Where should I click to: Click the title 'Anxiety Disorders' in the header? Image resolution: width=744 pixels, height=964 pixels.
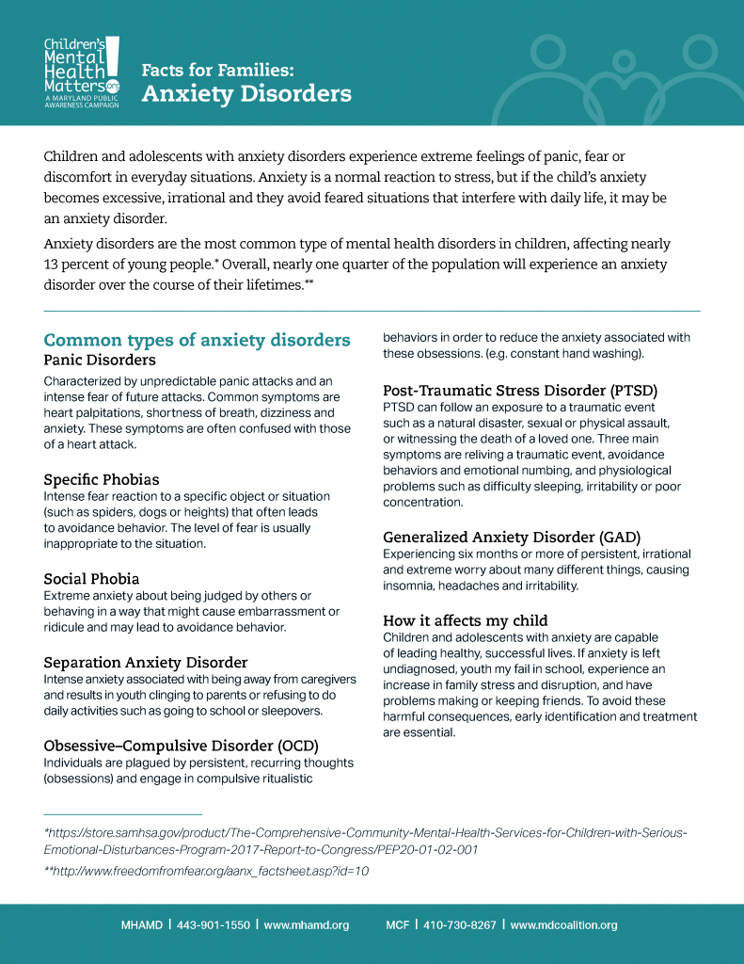(x=246, y=94)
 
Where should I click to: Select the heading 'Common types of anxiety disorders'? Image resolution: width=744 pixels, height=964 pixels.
(x=197, y=340)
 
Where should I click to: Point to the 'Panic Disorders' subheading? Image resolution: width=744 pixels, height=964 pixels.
(x=100, y=360)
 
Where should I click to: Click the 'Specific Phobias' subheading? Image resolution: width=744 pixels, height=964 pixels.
(x=102, y=480)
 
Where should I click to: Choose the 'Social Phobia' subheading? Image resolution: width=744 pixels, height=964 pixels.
(x=91, y=579)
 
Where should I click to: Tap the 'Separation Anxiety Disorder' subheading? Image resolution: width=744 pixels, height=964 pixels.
(x=146, y=662)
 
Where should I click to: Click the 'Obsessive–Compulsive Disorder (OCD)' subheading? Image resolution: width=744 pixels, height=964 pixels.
(x=178, y=746)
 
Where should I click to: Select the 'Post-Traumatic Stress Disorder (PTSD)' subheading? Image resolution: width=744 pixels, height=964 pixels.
(x=519, y=391)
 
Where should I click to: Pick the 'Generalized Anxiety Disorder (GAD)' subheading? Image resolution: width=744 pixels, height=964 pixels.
(x=512, y=538)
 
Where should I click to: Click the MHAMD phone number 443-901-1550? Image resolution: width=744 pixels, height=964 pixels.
(x=213, y=925)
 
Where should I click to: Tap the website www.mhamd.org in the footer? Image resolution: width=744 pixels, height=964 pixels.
(x=306, y=925)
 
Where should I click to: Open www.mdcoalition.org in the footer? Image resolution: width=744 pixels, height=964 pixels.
(x=563, y=925)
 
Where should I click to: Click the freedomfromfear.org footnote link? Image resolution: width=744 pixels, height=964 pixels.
(x=206, y=872)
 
